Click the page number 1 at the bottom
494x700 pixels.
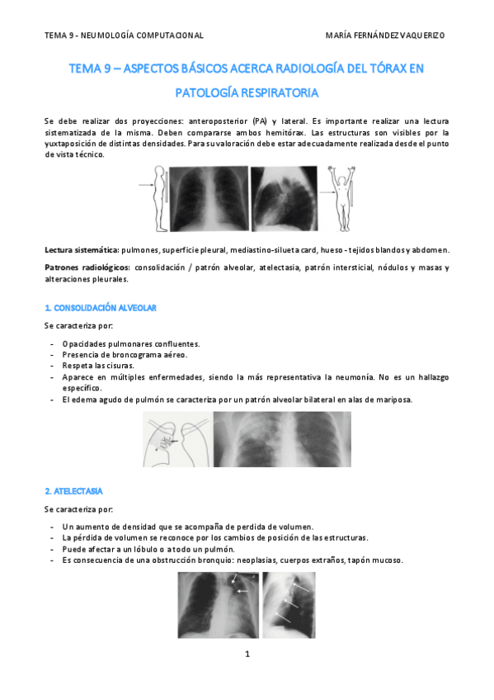click(247, 655)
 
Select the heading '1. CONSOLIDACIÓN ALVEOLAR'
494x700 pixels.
click(100, 308)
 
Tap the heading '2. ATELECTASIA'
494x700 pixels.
click(73, 490)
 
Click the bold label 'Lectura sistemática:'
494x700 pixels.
click(82, 249)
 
